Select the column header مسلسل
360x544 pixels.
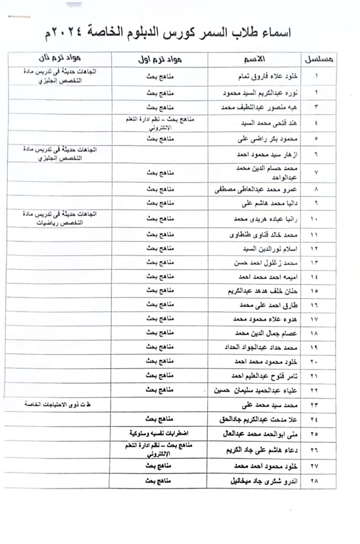(x=318, y=59)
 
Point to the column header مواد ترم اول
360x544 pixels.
(x=161, y=59)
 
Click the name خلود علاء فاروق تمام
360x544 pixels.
(x=267, y=77)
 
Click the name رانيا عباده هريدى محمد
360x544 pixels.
(x=266, y=219)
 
